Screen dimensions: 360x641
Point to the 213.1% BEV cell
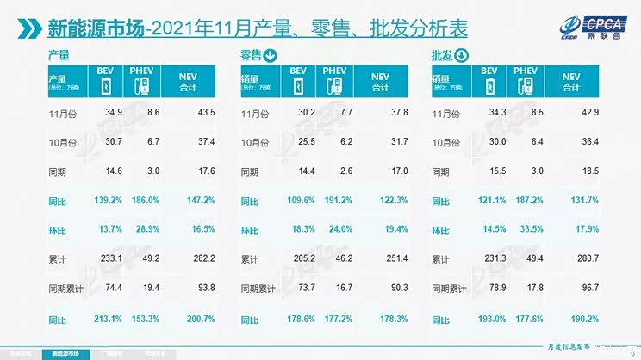click(x=103, y=320)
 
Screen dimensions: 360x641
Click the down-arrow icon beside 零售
click(x=271, y=57)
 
